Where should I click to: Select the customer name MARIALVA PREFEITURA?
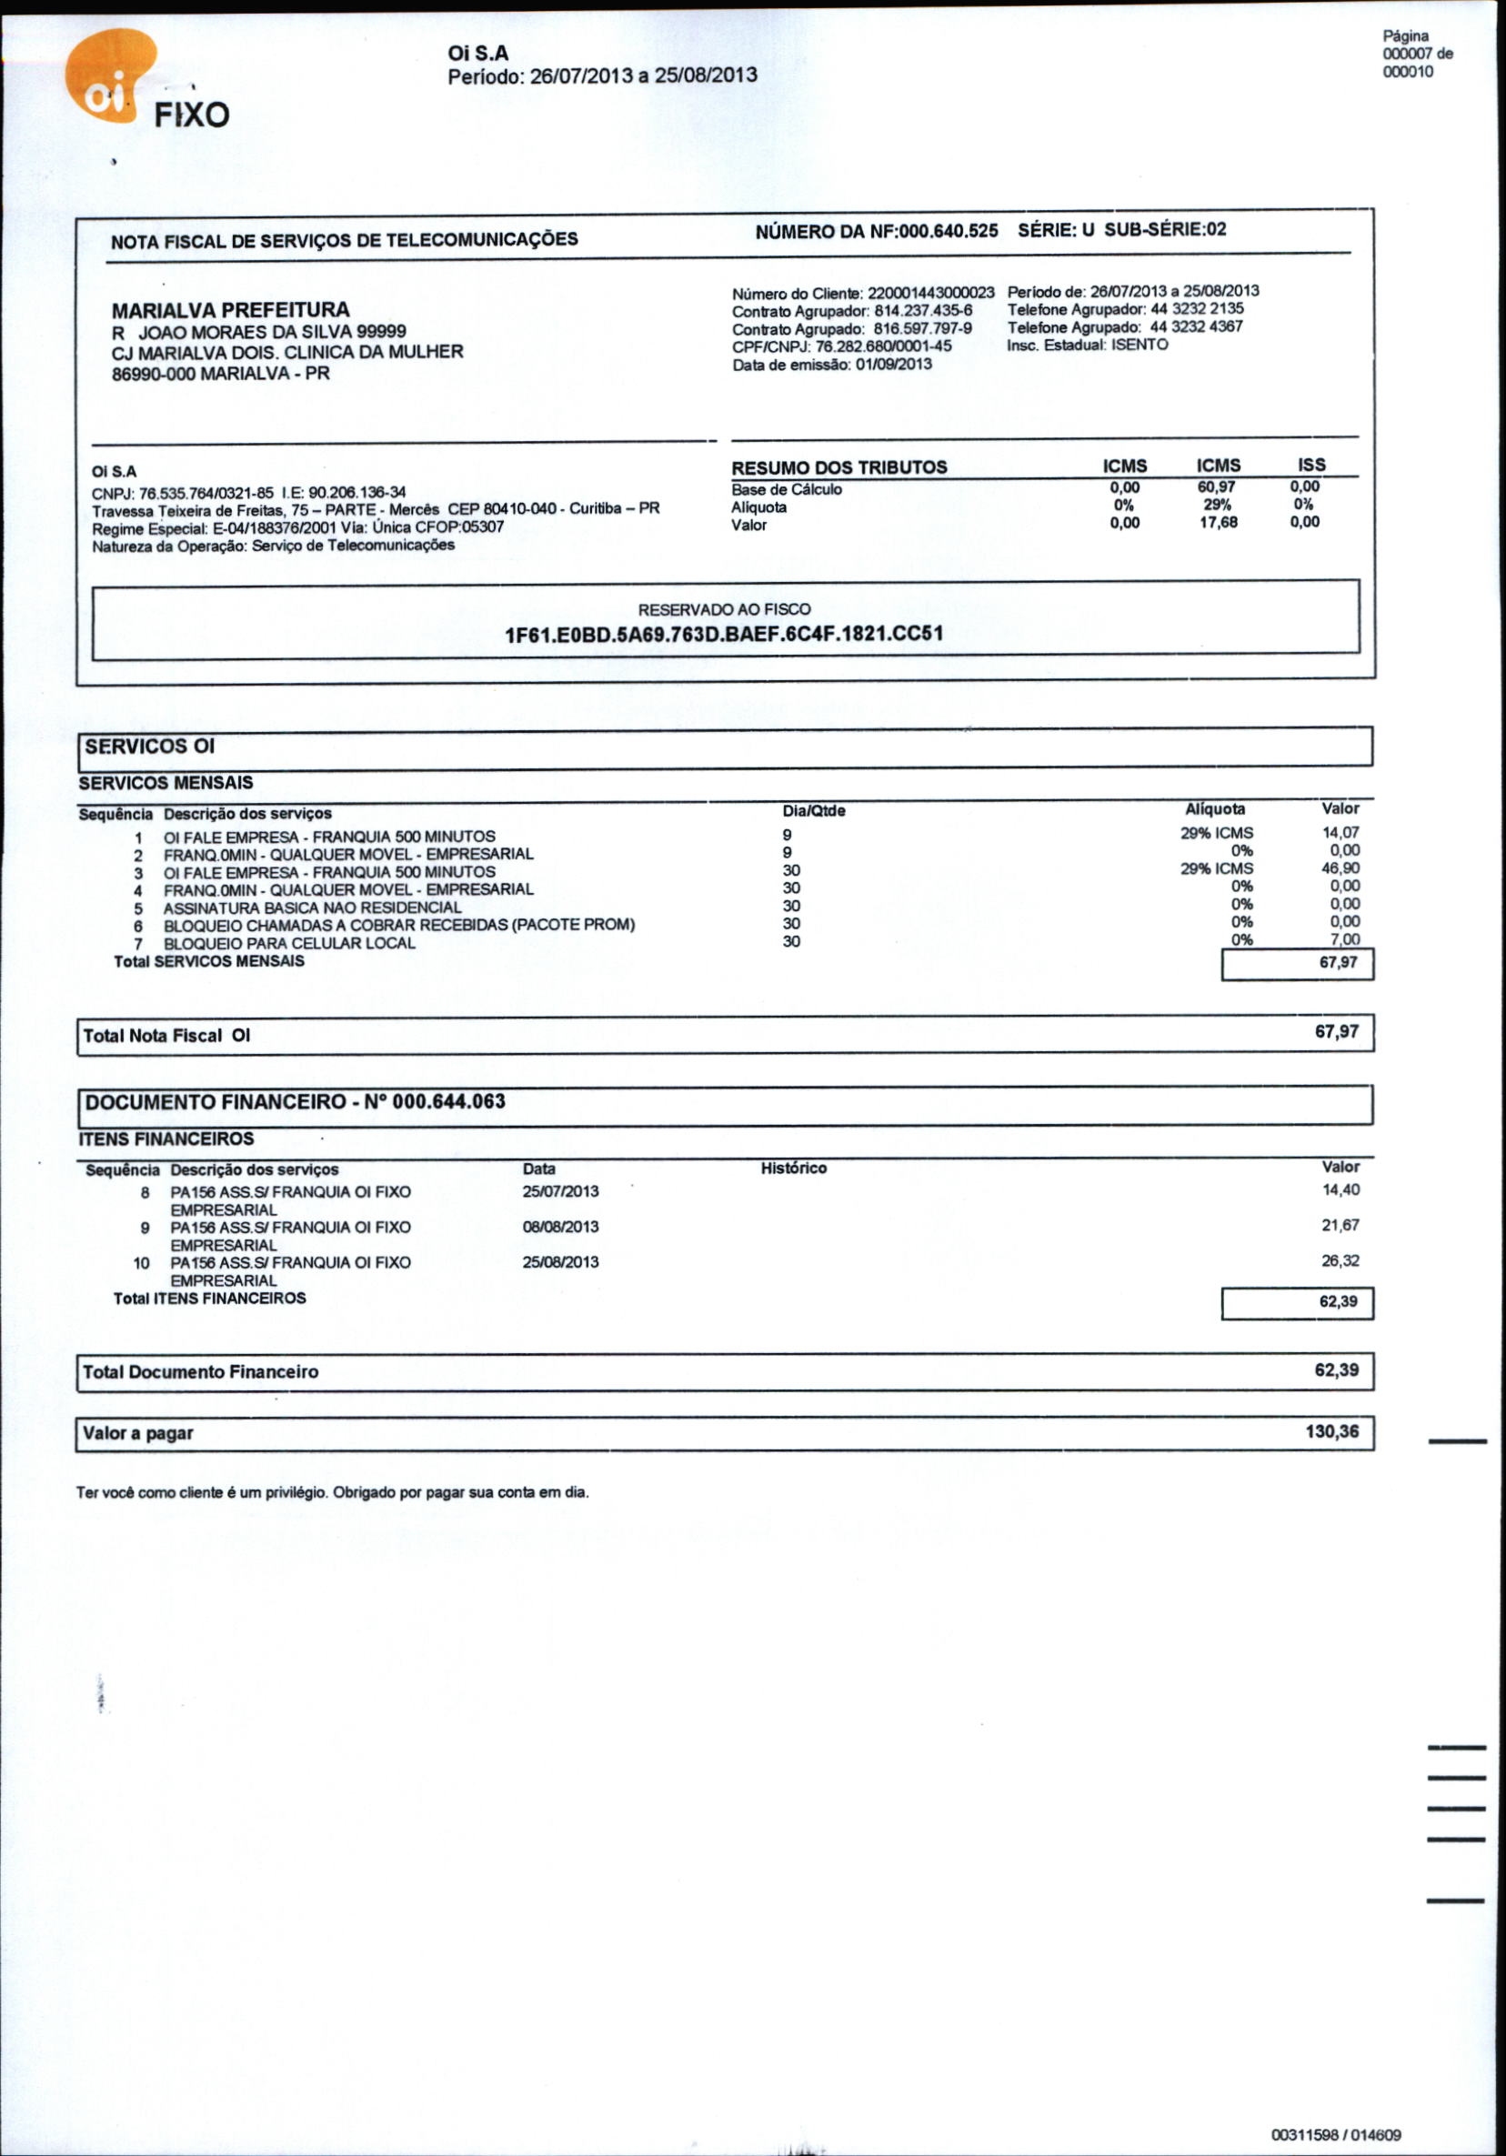[x=230, y=310]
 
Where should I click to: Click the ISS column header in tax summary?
[x=1310, y=465]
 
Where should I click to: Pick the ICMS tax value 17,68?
[x=1218, y=522]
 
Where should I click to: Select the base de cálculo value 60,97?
[x=1218, y=486]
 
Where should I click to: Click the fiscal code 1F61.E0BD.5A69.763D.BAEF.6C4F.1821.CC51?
[x=724, y=634]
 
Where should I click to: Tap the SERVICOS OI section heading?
[x=150, y=747]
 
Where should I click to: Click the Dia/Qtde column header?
[x=814, y=810]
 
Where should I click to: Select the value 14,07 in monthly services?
[x=1340, y=832]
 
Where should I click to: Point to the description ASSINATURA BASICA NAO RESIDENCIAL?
[x=312, y=908]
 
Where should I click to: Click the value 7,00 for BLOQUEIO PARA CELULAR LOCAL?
[x=1343, y=939]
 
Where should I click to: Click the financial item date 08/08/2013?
[x=560, y=1228]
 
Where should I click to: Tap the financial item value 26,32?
[x=1340, y=1261]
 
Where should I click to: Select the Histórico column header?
[x=793, y=1168]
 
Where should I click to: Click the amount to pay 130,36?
[x=1331, y=1432]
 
